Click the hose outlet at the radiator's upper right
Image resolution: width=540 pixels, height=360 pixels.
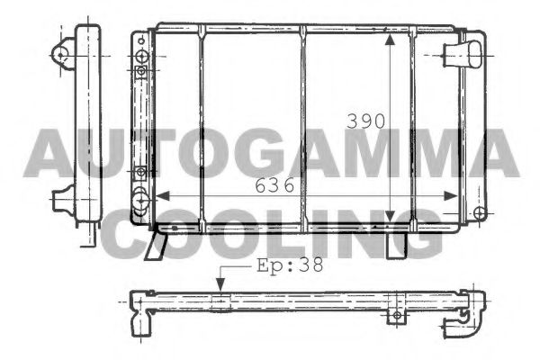click(x=470, y=53)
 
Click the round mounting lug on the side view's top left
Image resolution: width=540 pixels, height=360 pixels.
click(x=62, y=54)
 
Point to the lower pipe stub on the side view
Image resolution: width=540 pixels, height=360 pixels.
click(x=64, y=197)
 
